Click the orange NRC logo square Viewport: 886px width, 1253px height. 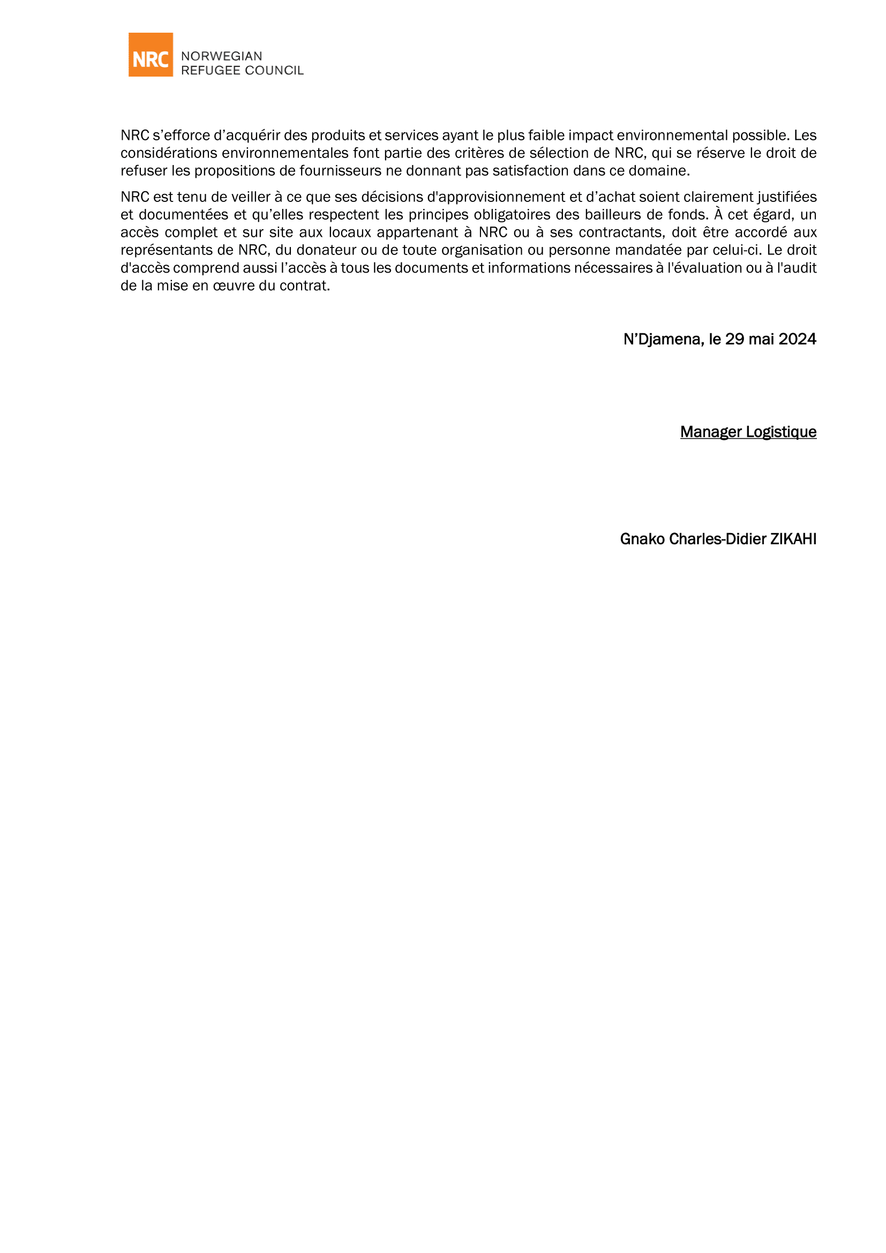(x=151, y=55)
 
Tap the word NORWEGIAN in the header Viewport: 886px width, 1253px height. (x=222, y=56)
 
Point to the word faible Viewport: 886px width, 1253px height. (x=546, y=136)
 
